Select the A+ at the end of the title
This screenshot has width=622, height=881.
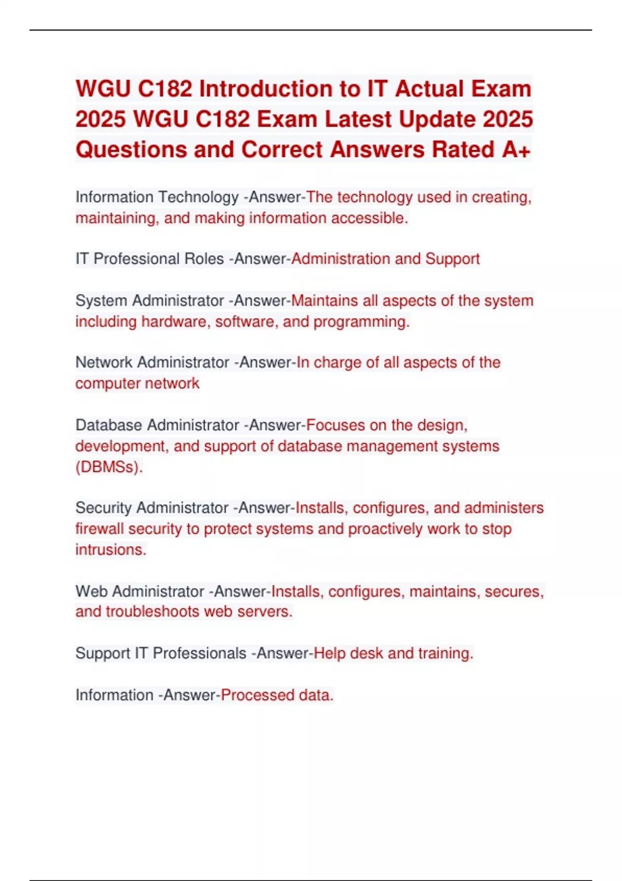point(516,150)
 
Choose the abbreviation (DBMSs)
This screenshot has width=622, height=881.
point(109,467)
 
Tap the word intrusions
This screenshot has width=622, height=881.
point(110,550)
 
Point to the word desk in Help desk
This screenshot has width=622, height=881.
point(366,653)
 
